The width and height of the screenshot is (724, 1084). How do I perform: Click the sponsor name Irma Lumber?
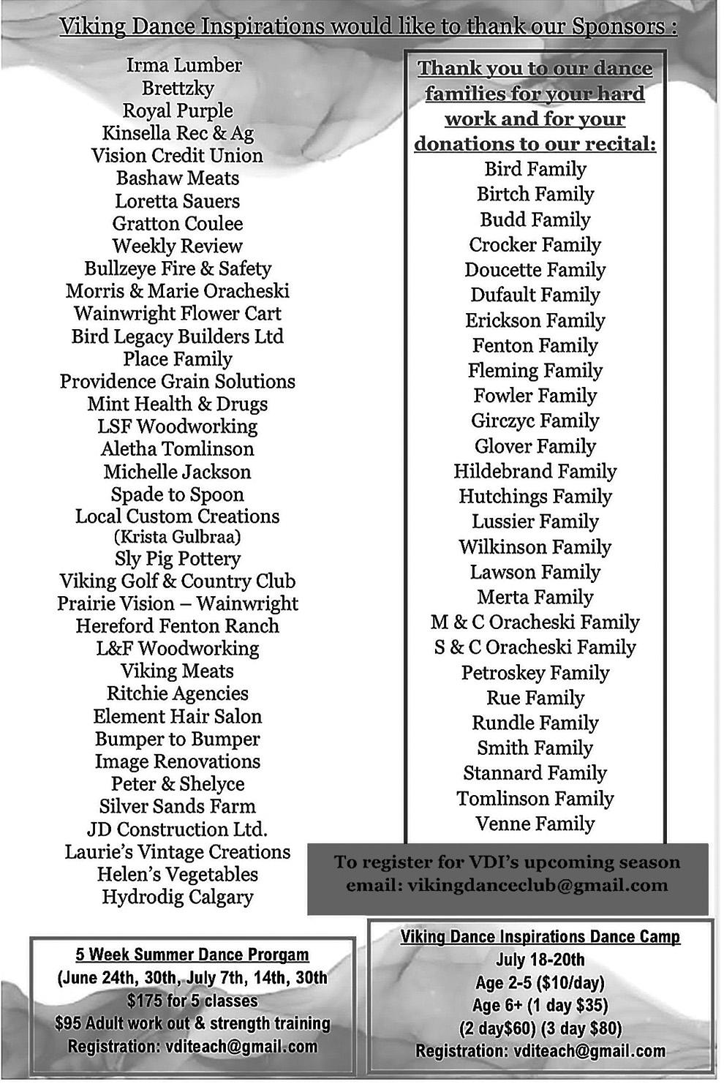[x=184, y=65]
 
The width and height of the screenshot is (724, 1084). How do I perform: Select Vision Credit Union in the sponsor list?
[x=177, y=156]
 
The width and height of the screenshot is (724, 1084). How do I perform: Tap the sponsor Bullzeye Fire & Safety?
[x=177, y=269]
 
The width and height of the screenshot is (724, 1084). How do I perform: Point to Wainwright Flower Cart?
[x=177, y=314]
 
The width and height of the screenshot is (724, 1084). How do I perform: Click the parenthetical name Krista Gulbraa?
[x=177, y=537]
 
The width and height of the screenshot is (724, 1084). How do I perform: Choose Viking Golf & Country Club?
[x=177, y=581]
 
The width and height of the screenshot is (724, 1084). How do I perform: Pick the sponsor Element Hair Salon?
[x=177, y=717]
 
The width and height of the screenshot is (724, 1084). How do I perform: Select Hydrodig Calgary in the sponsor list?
[x=177, y=897]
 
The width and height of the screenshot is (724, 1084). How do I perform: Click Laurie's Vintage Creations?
[x=177, y=852]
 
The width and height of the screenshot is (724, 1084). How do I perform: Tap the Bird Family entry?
[x=535, y=169]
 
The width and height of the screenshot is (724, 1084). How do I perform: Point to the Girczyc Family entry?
[x=535, y=421]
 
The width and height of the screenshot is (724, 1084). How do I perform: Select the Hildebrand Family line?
[x=535, y=472]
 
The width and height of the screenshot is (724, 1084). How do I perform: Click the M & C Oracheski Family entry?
[x=535, y=622]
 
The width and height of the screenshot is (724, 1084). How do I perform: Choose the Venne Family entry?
[x=535, y=824]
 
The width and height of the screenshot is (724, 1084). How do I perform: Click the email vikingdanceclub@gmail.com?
[x=538, y=886]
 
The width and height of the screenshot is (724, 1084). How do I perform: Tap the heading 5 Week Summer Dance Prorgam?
[x=192, y=955]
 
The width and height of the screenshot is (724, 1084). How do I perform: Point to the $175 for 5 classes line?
[x=192, y=1001]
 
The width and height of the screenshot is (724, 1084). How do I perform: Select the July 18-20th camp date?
[x=540, y=960]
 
